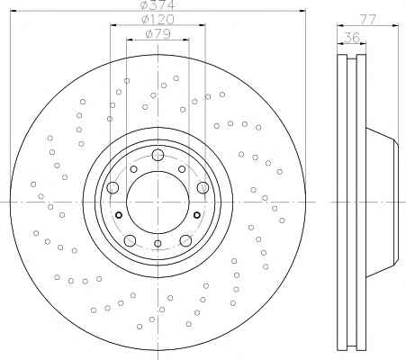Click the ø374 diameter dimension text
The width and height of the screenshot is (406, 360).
pyautogui.click(x=158, y=4)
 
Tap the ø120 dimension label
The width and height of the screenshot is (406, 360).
pyautogui.click(x=158, y=20)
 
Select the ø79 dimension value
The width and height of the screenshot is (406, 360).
pyautogui.click(x=158, y=33)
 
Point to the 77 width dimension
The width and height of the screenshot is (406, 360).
pyautogui.click(x=368, y=20)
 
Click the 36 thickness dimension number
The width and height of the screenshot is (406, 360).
pyautogui.click(x=352, y=38)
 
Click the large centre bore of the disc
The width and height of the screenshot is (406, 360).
pyautogui.click(x=158, y=202)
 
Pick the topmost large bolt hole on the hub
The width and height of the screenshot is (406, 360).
pyautogui.click(x=158, y=155)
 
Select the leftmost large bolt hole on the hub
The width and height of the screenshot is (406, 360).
pyautogui.click(x=113, y=188)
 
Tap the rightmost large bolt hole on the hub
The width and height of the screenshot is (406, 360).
pyautogui.click(x=203, y=188)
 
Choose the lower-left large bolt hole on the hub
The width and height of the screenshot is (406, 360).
pyautogui.click(x=130, y=240)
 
